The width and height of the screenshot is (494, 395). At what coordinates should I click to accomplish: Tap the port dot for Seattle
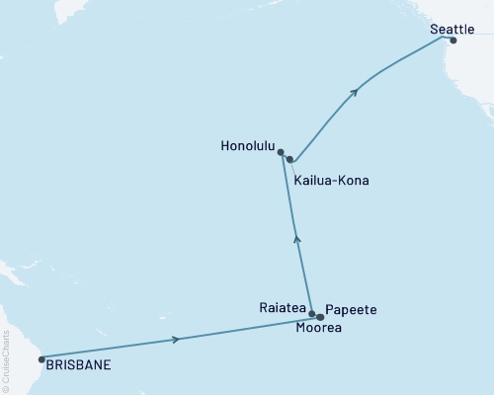(x=453, y=41)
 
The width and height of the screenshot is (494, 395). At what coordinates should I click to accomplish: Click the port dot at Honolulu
(x=282, y=152)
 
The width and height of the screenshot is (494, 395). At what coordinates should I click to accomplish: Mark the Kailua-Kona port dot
(x=289, y=159)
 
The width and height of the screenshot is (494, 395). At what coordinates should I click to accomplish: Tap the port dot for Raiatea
(x=312, y=314)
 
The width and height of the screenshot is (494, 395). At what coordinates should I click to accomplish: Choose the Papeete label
(x=351, y=309)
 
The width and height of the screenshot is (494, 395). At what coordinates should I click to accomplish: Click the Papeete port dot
(x=320, y=317)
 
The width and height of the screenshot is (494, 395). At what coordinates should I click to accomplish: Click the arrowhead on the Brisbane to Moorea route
(x=177, y=339)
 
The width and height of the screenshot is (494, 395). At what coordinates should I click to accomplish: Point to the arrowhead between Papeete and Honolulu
(x=297, y=238)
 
